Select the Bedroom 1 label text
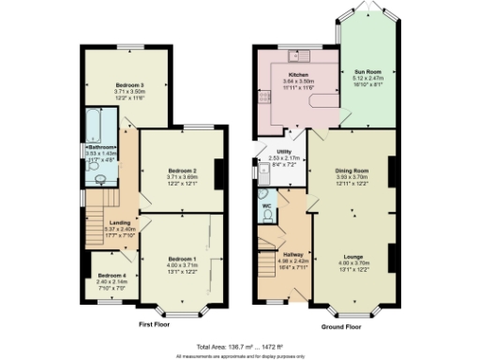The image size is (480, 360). point(183,258)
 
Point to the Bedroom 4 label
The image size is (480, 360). point(111,275)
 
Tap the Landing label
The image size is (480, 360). point(118,221)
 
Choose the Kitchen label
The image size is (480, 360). point(299,74)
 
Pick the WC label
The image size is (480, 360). point(266,205)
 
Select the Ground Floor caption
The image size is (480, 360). point(341,326)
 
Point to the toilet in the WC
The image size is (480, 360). point(267,216)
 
